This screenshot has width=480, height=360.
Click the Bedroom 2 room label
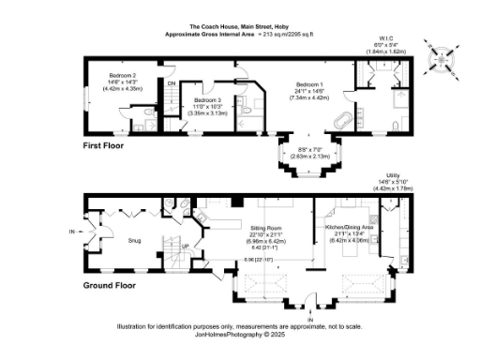(x=123, y=75)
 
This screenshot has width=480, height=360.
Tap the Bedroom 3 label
(x=207, y=99)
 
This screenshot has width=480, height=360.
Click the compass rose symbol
(x=440, y=59)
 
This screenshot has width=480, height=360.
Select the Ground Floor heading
(x=110, y=285)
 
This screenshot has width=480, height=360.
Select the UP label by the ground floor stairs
(x=185, y=247)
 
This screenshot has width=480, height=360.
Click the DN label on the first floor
(x=171, y=83)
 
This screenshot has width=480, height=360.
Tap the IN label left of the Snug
(x=72, y=232)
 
